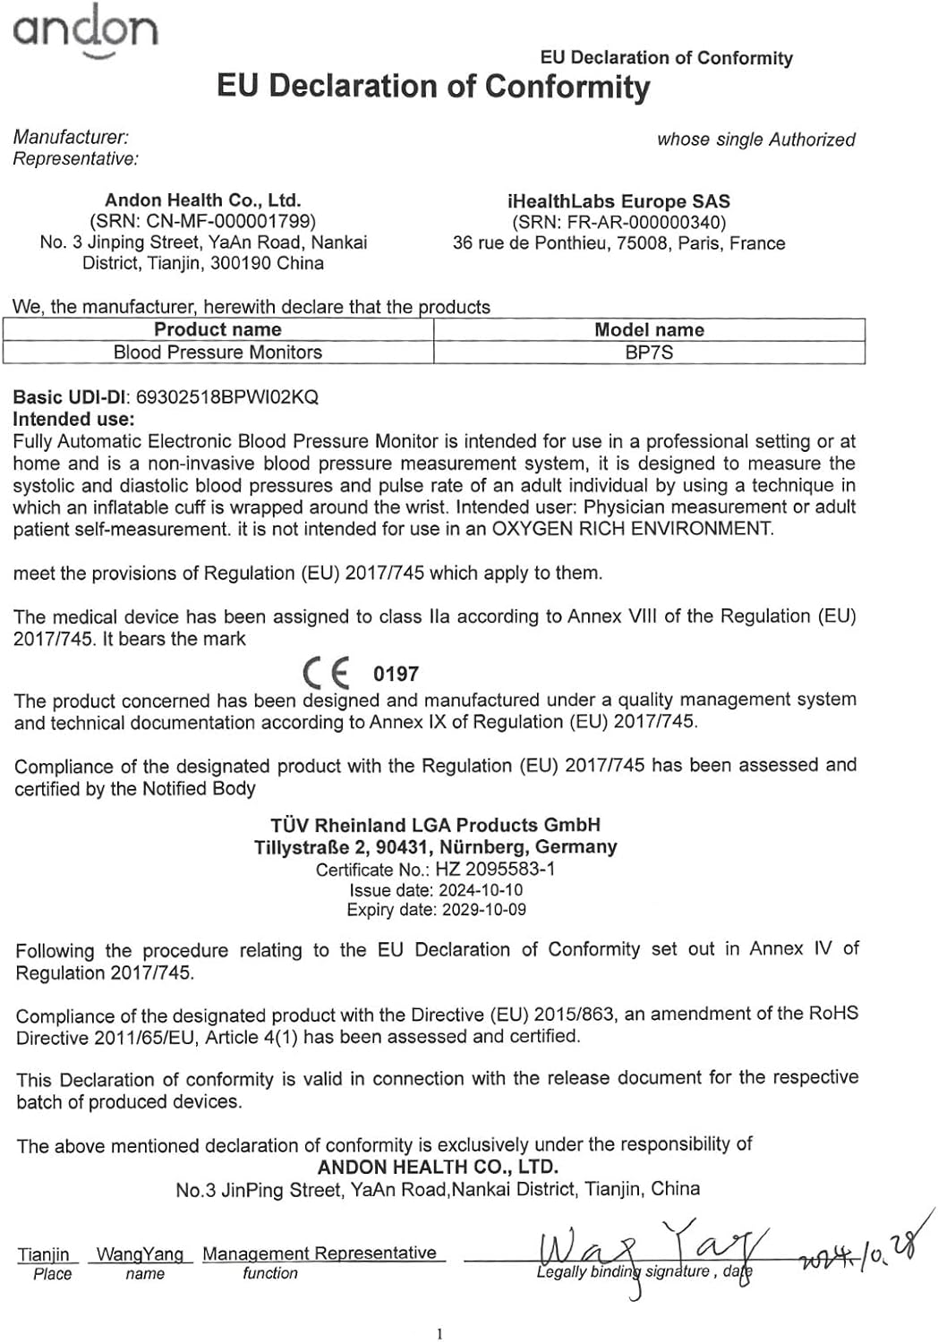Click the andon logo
(85, 31)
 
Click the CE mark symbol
(327, 673)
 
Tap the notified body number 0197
(396, 674)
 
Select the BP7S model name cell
(649, 352)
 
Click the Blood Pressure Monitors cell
(217, 352)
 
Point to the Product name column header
(217, 329)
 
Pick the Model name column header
(649, 329)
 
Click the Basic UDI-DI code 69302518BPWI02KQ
(226, 397)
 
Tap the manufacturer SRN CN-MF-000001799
(202, 221)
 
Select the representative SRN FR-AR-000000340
(618, 222)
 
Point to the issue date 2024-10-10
(480, 890)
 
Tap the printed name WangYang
(140, 1254)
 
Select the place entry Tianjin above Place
(43, 1254)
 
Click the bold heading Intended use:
(73, 419)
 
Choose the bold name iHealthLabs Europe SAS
(618, 201)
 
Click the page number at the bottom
(439, 1334)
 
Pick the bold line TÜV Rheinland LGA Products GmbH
(435, 825)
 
